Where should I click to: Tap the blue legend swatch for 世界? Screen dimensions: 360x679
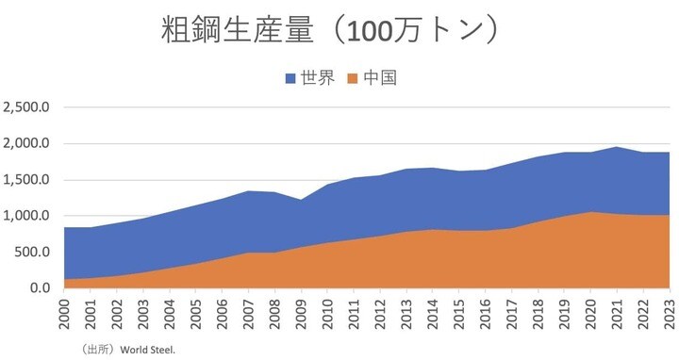(290, 79)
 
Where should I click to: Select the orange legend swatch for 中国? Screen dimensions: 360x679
(355, 79)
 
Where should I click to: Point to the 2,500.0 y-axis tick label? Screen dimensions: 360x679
(27, 107)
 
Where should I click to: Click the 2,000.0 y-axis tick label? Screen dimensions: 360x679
(27, 144)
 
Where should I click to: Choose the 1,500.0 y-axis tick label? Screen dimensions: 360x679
(27, 180)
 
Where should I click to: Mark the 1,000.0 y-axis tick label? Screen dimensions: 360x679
(27, 216)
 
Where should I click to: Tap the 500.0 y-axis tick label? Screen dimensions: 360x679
(34, 252)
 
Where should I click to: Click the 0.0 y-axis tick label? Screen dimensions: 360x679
(40, 287)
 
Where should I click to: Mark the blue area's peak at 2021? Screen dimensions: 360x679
(614, 147)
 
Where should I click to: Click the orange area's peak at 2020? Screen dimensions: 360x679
(588, 212)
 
